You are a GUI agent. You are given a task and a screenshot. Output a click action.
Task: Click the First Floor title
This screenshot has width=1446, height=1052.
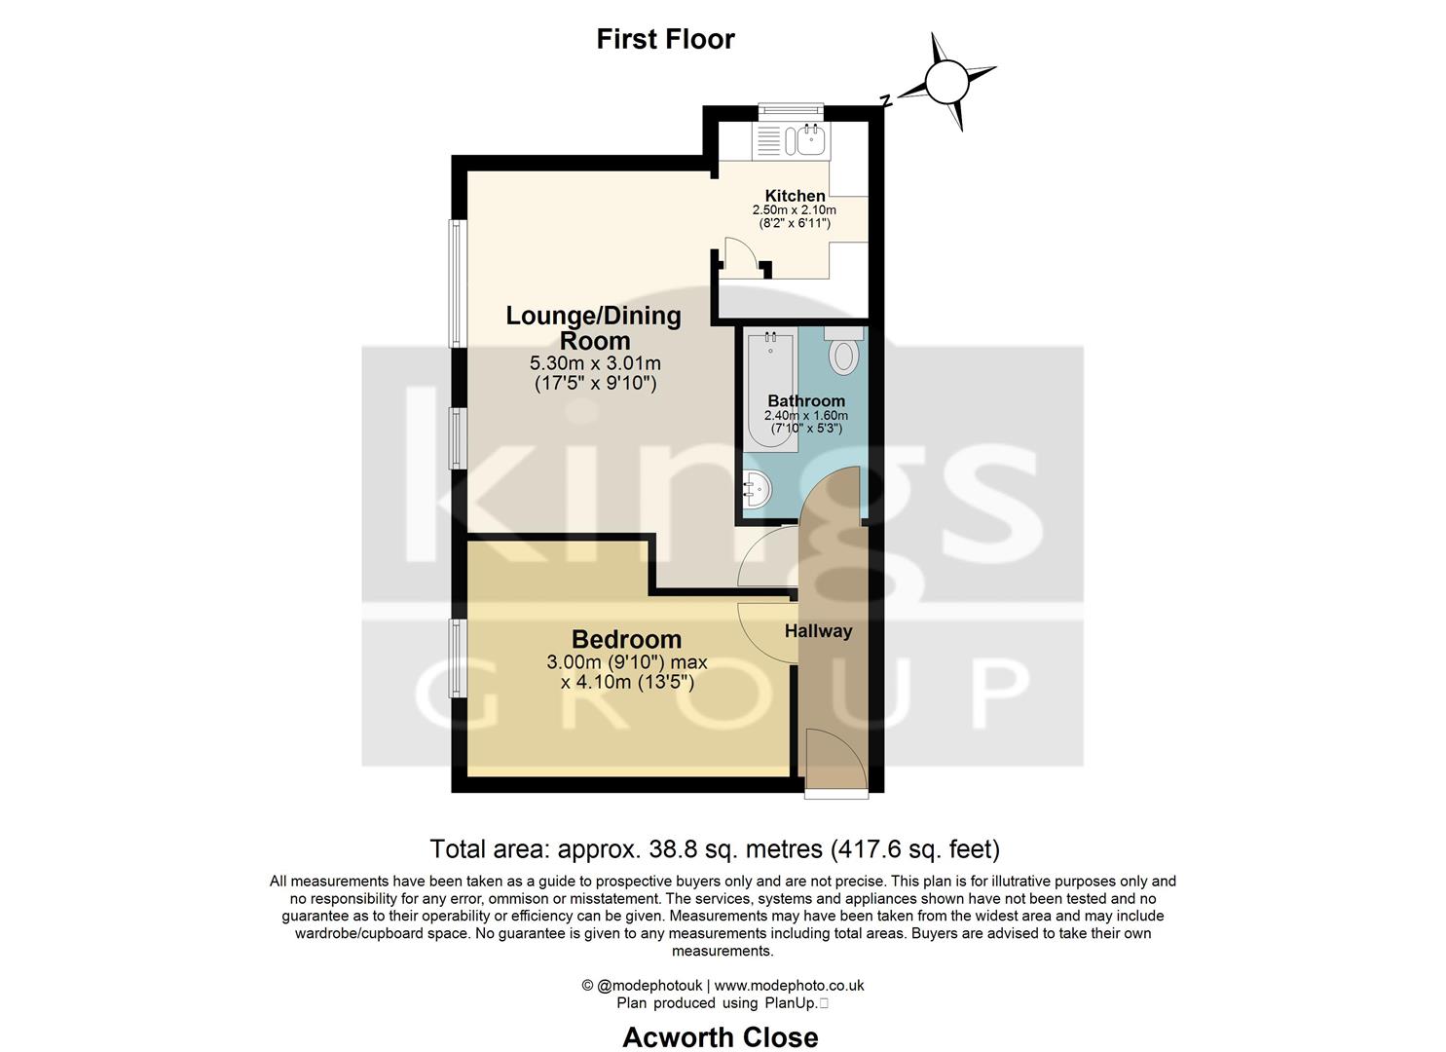coord(665,39)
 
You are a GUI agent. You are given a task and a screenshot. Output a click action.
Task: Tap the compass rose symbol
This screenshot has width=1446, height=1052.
coord(945,82)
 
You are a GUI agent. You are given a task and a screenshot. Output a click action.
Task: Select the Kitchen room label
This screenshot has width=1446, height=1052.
coord(795,196)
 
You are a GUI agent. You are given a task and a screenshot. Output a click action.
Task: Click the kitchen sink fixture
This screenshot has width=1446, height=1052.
coord(810,141)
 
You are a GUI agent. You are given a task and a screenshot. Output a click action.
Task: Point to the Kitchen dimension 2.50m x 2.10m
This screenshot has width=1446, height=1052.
coord(794,209)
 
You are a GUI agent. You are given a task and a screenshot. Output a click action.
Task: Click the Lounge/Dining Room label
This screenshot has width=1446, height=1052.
coord(593,328)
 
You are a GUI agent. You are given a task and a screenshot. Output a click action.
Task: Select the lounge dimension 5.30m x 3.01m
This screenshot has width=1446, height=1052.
coord(595,363)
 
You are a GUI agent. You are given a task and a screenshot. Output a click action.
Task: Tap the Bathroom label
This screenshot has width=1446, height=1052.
coord(805,400)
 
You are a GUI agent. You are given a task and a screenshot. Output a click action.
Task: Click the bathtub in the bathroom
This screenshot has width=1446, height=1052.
coord(770,390)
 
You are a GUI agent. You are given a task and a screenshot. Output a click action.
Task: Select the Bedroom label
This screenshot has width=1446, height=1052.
coord(626,639)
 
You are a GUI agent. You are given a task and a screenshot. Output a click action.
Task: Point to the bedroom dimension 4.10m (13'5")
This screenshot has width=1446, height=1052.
coord(627,683)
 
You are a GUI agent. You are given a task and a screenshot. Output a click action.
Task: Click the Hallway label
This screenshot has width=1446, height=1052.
coord(818,631)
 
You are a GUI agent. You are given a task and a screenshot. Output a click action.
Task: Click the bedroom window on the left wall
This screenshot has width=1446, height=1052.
coord(455,658)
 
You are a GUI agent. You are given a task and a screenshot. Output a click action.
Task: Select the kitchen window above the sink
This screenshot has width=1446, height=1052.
coord(791,110)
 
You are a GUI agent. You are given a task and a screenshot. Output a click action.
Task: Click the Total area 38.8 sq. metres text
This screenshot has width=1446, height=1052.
coord(715,849)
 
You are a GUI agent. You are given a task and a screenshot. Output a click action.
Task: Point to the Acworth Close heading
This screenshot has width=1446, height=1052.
coord(720,1037)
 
